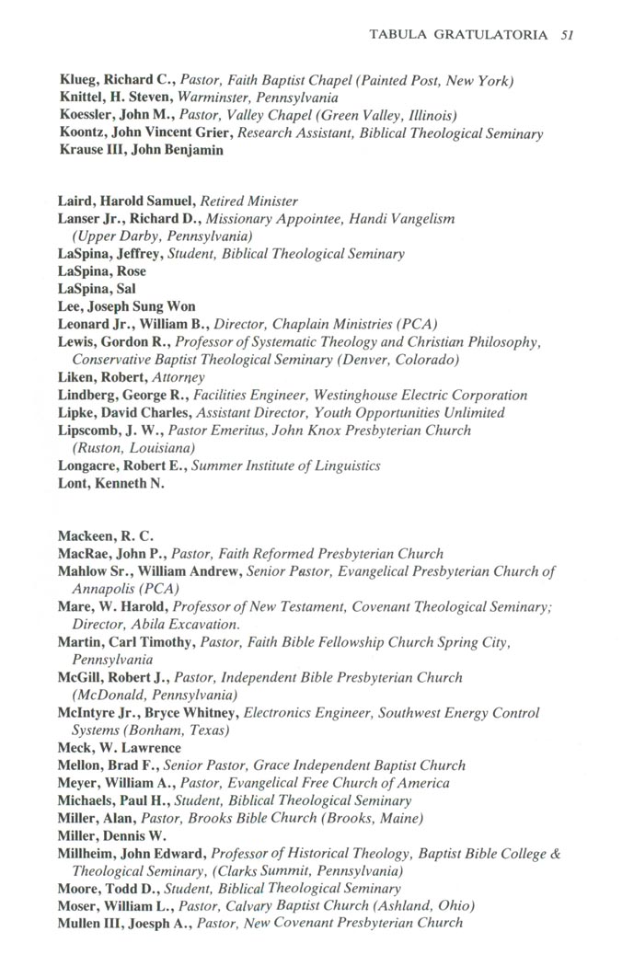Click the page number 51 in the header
coord(568,35)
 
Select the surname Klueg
coord(81,80)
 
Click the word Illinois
coord(431,115)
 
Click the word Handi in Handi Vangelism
coord(372,219)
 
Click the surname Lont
coord(74,484)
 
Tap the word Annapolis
coord(104,589)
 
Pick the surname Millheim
coord(89,854)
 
